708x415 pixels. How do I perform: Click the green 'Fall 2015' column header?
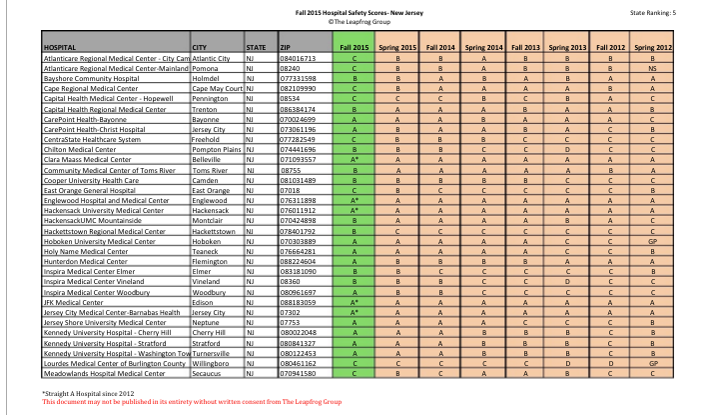coord(354,47)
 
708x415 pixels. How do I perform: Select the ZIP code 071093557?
coord(299,159)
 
